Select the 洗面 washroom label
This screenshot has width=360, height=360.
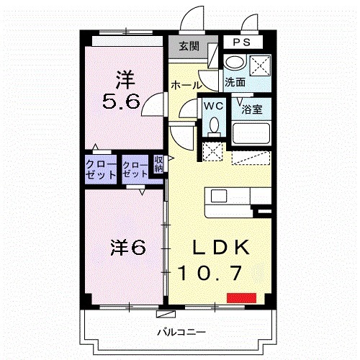234,82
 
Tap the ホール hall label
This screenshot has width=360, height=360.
186,85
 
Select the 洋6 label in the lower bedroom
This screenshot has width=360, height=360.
127,247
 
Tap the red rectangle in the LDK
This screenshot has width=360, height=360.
241,297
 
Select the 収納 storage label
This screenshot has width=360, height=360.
159,164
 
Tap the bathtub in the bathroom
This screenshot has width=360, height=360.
251,135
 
